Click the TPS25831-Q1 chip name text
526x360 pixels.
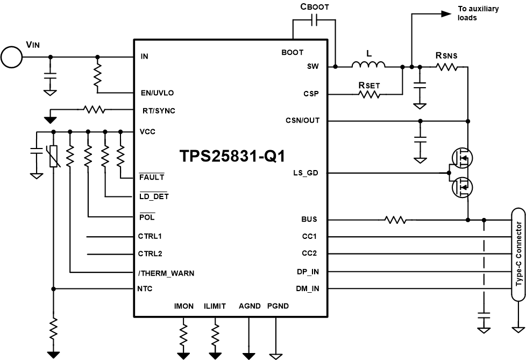tap(232, 156)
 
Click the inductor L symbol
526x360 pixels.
tap(368, 66)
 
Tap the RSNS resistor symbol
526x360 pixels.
tap(446, 67)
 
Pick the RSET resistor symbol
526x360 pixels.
tap(369, 94)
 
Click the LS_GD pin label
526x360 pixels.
tap(306, 173)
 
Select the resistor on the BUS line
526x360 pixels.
tap(395, 220)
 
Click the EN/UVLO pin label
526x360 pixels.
tap(157, 93)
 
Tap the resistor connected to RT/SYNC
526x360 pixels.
tap(94, 110)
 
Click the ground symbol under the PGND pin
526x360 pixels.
tap(275, 355)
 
